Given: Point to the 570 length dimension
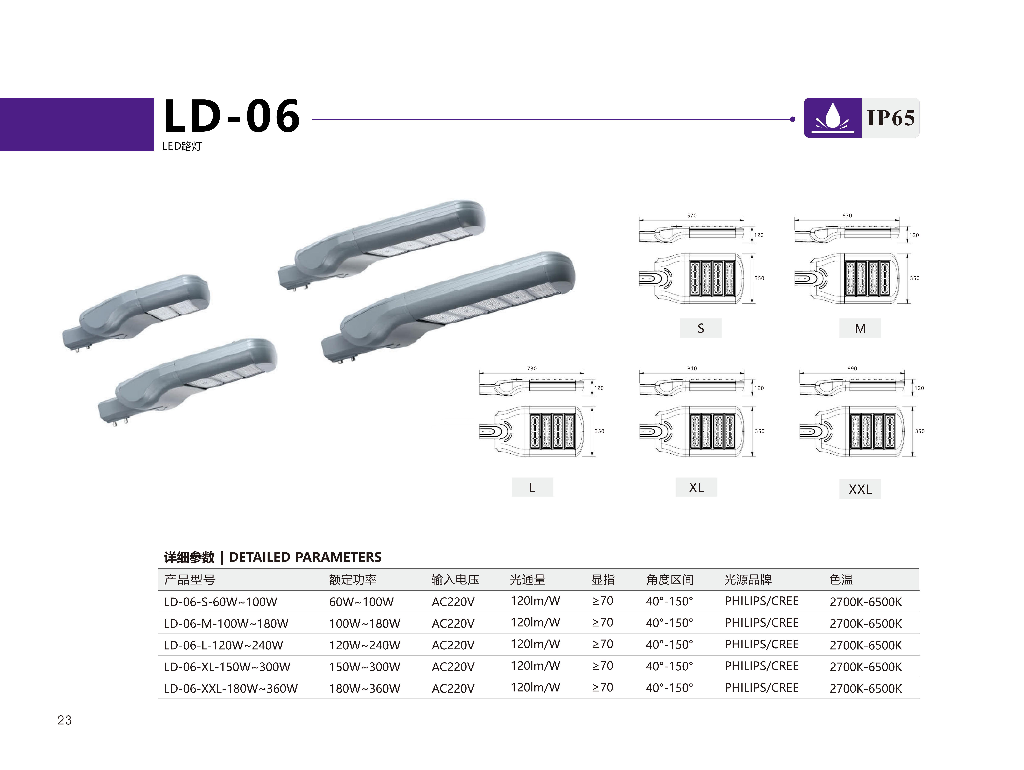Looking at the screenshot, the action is (x=692, y=216).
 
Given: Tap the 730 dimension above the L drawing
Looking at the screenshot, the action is (x=532, y=369).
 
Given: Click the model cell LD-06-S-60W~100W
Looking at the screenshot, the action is (x=220, y=602).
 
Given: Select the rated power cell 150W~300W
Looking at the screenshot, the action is (x=365, y=667).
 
